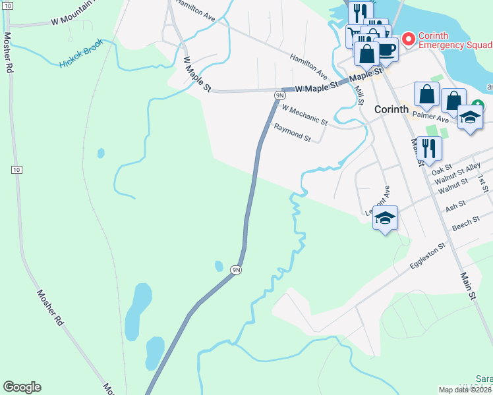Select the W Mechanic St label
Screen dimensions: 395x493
(x=304, y=115)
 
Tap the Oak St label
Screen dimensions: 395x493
(x=442, y=170)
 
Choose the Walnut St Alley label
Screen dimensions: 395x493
(x=463, y=173)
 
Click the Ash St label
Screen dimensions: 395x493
(x=455, y=207)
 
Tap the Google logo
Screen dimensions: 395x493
(x=22, y=387)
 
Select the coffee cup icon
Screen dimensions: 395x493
(x=386, y=49)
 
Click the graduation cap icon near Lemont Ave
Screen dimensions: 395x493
(x=386, y=218)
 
